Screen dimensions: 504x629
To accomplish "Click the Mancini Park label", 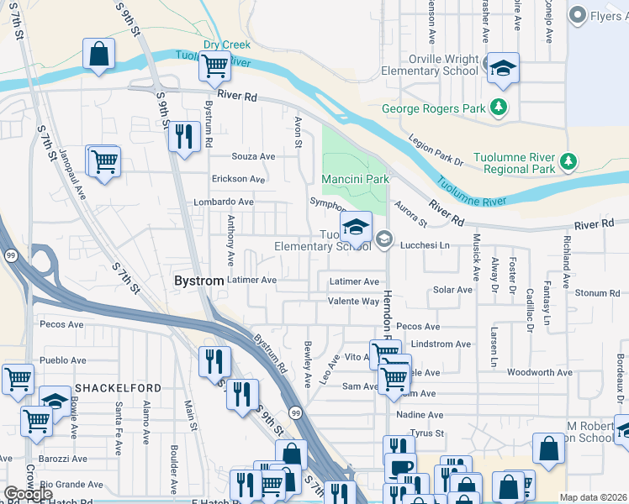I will (x=355, y=179).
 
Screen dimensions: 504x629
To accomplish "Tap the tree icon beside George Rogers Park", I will (x=499, y=108).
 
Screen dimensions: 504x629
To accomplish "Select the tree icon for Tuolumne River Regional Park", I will (x=568, y=160).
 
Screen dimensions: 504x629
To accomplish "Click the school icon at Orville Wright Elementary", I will (x=503, y=67).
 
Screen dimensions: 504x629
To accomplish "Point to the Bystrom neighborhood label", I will (x=199, y=280).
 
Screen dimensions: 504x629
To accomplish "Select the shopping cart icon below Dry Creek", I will (x=215, y=65).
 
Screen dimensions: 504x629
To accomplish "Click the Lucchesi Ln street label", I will (x=427, y=243).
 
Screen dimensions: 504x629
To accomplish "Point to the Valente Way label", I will (x=353, y=301).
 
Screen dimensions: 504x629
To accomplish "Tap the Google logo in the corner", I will (x=29, y=494).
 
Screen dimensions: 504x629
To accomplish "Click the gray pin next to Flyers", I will (x=577, y=14).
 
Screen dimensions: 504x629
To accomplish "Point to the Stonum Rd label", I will (x=598, y=293).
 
